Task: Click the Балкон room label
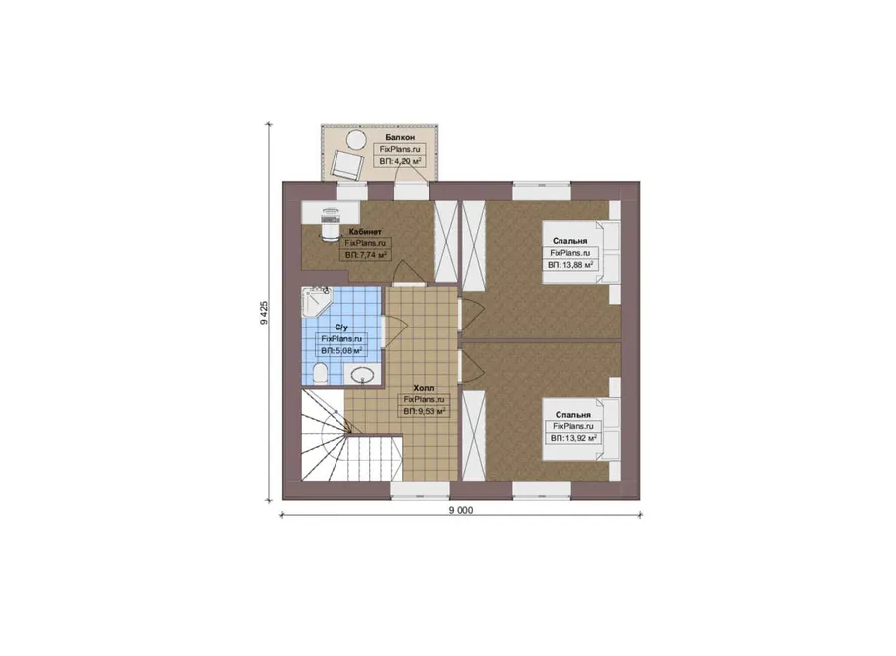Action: [400, 137]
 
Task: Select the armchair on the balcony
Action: [346, 164]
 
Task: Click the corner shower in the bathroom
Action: [315, 302]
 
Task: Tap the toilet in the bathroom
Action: [321, 375]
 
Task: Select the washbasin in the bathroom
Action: [362, 375]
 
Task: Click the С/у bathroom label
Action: [341, 328]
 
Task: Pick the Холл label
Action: [423, 388]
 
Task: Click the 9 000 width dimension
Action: [461, 511]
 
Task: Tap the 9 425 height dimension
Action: [264, 313]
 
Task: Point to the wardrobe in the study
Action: [446, 241]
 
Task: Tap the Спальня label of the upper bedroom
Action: [569, 241]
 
